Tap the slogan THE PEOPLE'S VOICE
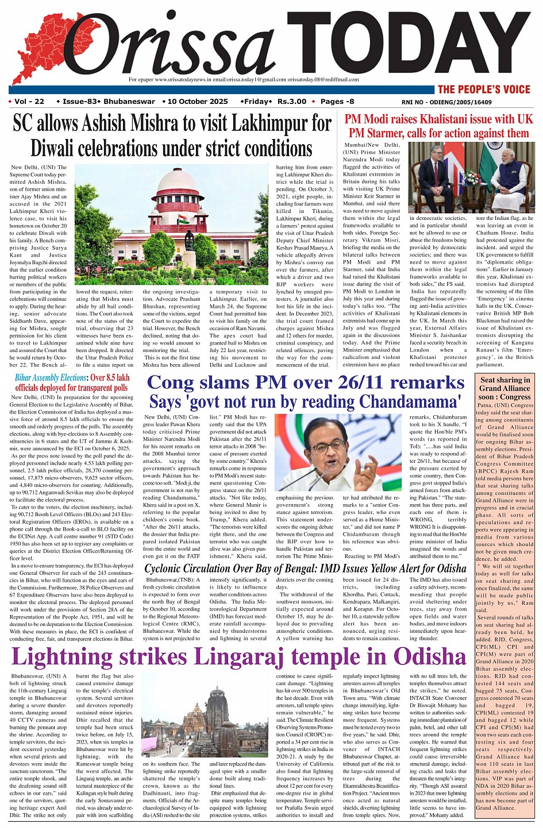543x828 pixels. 483,89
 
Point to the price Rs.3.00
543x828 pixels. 292,102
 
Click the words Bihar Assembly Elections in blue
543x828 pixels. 51,378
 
